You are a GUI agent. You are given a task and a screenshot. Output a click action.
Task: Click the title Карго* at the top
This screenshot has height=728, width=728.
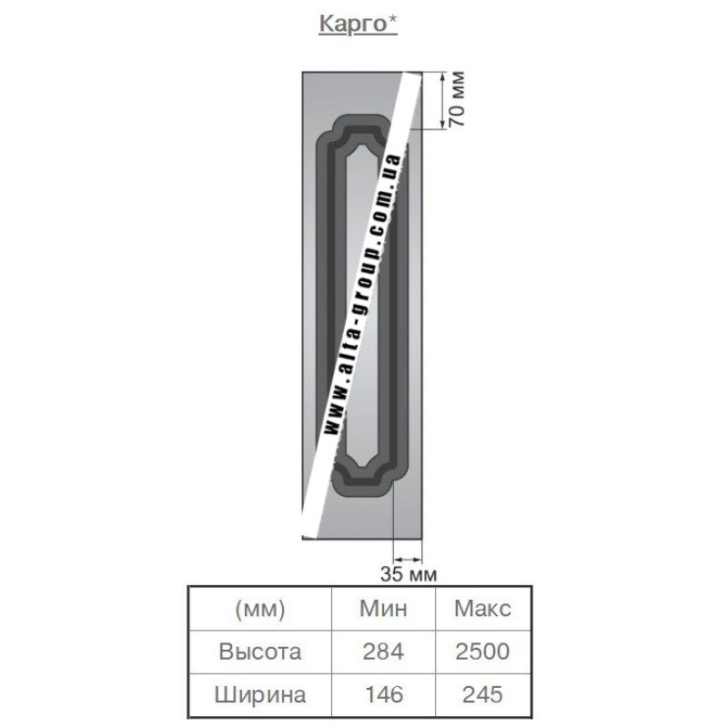[x=358, y=25]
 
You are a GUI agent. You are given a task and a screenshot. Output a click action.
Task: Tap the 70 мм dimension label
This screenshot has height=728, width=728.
[x=457, y=98]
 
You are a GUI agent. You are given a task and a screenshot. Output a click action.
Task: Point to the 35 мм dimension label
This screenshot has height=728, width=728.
[x=409, y=574]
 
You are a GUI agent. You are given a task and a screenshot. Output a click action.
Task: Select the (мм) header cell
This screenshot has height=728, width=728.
[x=260, y=609]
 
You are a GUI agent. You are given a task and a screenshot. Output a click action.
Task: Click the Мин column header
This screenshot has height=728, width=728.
[x=383, y=609]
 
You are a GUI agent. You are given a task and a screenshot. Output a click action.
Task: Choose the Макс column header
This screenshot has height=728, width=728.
[x=483, y=609]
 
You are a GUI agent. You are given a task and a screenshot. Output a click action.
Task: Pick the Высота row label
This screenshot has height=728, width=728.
[x=260, y=652]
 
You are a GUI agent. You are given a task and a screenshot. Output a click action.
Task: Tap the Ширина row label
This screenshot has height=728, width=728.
[x=260, y=695]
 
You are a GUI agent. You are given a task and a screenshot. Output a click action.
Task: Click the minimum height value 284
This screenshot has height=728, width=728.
[x=383, y=652]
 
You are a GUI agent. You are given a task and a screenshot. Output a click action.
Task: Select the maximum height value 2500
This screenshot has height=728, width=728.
[x=483, y=652]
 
